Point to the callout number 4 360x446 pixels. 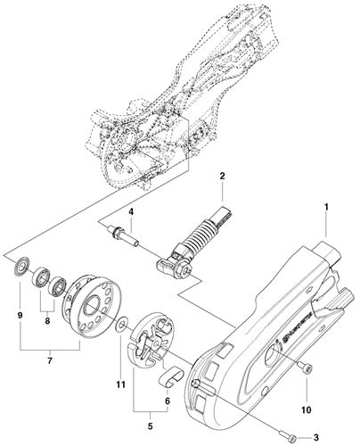[x=130, y=211]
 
